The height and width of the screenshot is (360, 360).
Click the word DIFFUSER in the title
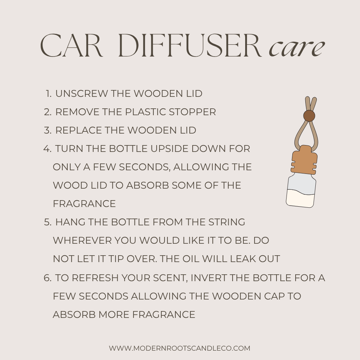pos(190,45)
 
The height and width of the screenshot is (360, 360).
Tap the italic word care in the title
pos(297,48)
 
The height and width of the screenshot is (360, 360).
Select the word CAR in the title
pos(71,45)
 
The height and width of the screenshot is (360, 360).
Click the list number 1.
pos(49,94)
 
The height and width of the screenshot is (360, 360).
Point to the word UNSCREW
pos(81,94)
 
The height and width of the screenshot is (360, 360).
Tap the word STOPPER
pos(192,112)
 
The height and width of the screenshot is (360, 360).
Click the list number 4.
pos(47,149)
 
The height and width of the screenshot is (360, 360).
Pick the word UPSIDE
pos(170,149)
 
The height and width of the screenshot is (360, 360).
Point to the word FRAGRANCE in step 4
pos(84,204)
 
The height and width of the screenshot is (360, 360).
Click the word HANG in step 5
pos(70,222)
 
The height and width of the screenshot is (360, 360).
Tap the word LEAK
pos(243,259)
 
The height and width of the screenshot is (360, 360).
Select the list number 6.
pos(47,278)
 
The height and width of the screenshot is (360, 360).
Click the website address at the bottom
pos(180,348)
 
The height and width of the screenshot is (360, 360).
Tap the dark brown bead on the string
pos(309,116)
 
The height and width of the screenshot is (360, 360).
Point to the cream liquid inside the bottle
pos(300,198)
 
